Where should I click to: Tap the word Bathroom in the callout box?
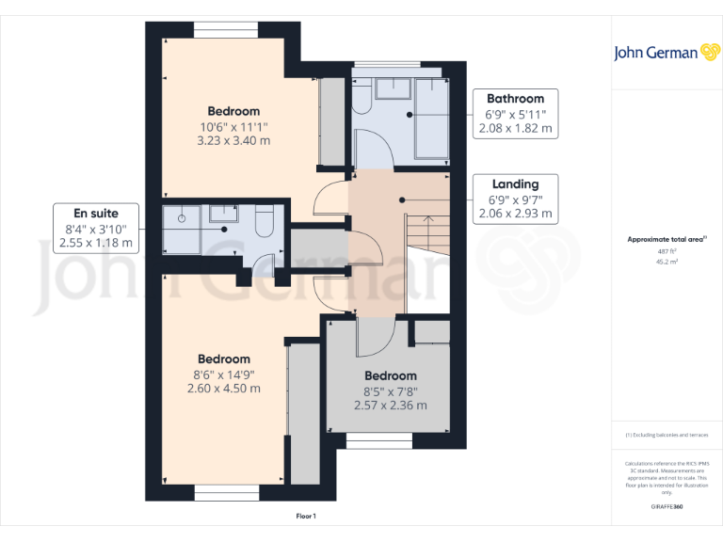(x=515, y=99)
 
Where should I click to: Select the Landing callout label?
(x=515, y=184)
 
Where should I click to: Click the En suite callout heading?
(x=97, y=213)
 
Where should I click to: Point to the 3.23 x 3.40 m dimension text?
(x=233, y=141)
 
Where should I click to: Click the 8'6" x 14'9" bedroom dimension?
(x=224, y=374)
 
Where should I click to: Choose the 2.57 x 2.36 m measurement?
(x=390, y=406)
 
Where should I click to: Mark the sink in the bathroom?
(x=388, y=88)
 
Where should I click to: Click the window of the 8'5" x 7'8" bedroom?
(x=378, y=439)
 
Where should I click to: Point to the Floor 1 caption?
(x=306, y=516)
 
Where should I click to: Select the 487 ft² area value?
(x=667, y=251)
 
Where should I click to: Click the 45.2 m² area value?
(x=667, y=263)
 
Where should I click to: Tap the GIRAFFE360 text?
(x=667, y=506)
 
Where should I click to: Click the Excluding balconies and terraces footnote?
(x=667, y=435)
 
